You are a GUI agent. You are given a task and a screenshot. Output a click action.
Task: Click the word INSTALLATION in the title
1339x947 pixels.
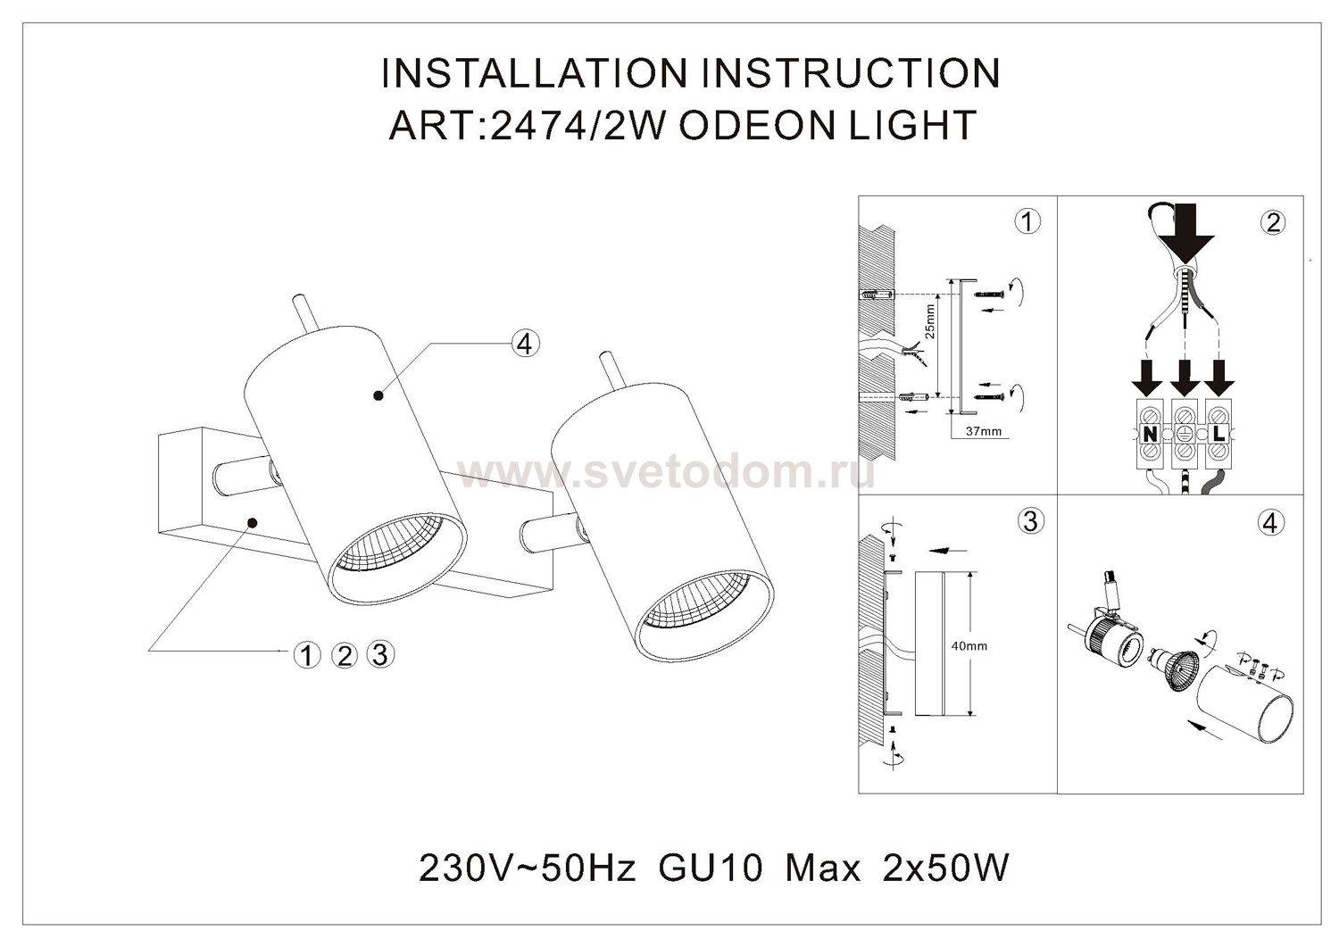[x=534, y=73]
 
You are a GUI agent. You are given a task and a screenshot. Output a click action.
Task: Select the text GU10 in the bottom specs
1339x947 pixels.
[x=711, y=868]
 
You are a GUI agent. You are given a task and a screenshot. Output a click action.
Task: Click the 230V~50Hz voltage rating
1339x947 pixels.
[x=528, y=868]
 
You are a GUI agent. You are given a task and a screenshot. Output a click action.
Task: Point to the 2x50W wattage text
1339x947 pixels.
[x=945, y=868]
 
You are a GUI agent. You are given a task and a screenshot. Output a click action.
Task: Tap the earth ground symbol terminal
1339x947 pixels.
[x=1184, y=434]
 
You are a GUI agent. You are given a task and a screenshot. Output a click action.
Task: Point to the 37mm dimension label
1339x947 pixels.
[x=984, y=431]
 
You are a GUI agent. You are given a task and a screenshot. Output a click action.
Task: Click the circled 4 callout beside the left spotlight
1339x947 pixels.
[x=525, y=345]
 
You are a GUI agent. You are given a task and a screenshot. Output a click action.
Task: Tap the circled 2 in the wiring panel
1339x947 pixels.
[x=1273, y=222]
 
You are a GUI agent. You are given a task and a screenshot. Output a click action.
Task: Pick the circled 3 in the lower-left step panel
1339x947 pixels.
[x=1030, y=522]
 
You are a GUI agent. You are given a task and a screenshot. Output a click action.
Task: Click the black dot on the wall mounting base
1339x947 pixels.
[x=253, y=522]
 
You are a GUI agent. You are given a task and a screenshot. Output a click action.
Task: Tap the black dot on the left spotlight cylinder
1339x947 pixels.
[x=378, y=395]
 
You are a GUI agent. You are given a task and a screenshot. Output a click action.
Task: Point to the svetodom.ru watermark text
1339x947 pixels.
[x=665, y=473]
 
